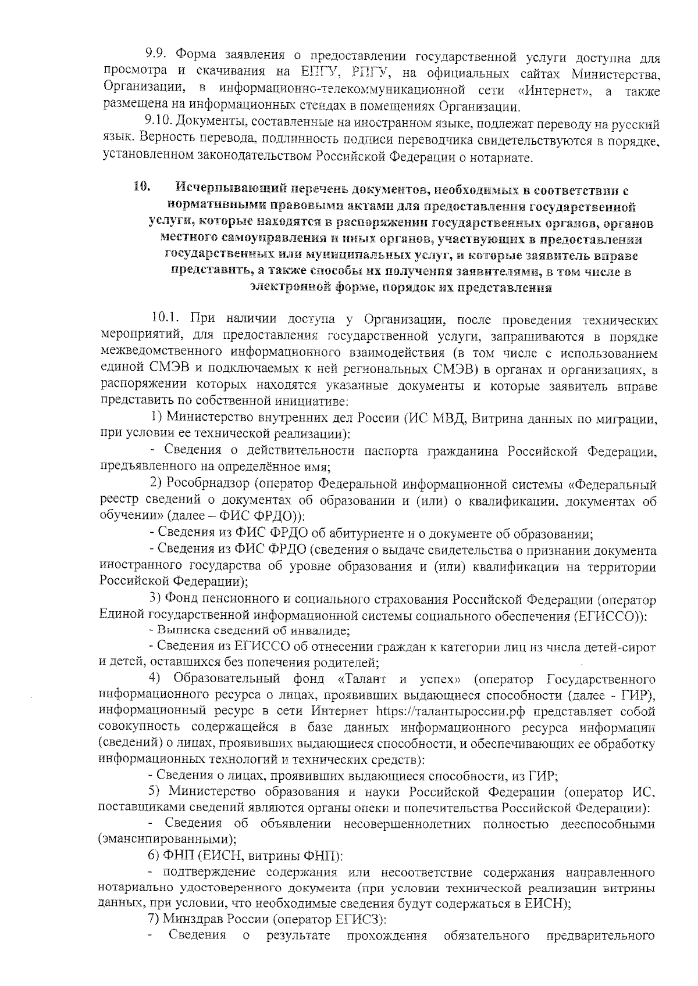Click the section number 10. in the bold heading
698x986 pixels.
pos(141,188)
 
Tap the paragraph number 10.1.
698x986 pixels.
pos(165,318)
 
